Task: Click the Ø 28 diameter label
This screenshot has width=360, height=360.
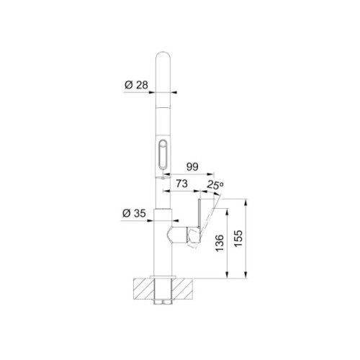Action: (x=136, y=85)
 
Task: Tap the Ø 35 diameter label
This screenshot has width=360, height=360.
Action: (x=134, y=213)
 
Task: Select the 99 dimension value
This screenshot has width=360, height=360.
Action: (x=192, y=167)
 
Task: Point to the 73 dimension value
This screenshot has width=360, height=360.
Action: (x=181, y=184)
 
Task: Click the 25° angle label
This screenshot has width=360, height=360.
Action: (x=215, y=184)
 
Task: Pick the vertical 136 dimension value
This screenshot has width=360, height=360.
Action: (x=220, y=243)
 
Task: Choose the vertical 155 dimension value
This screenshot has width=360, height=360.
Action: (x=238, y=239)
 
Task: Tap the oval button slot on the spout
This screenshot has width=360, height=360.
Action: (x=163, y=155)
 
